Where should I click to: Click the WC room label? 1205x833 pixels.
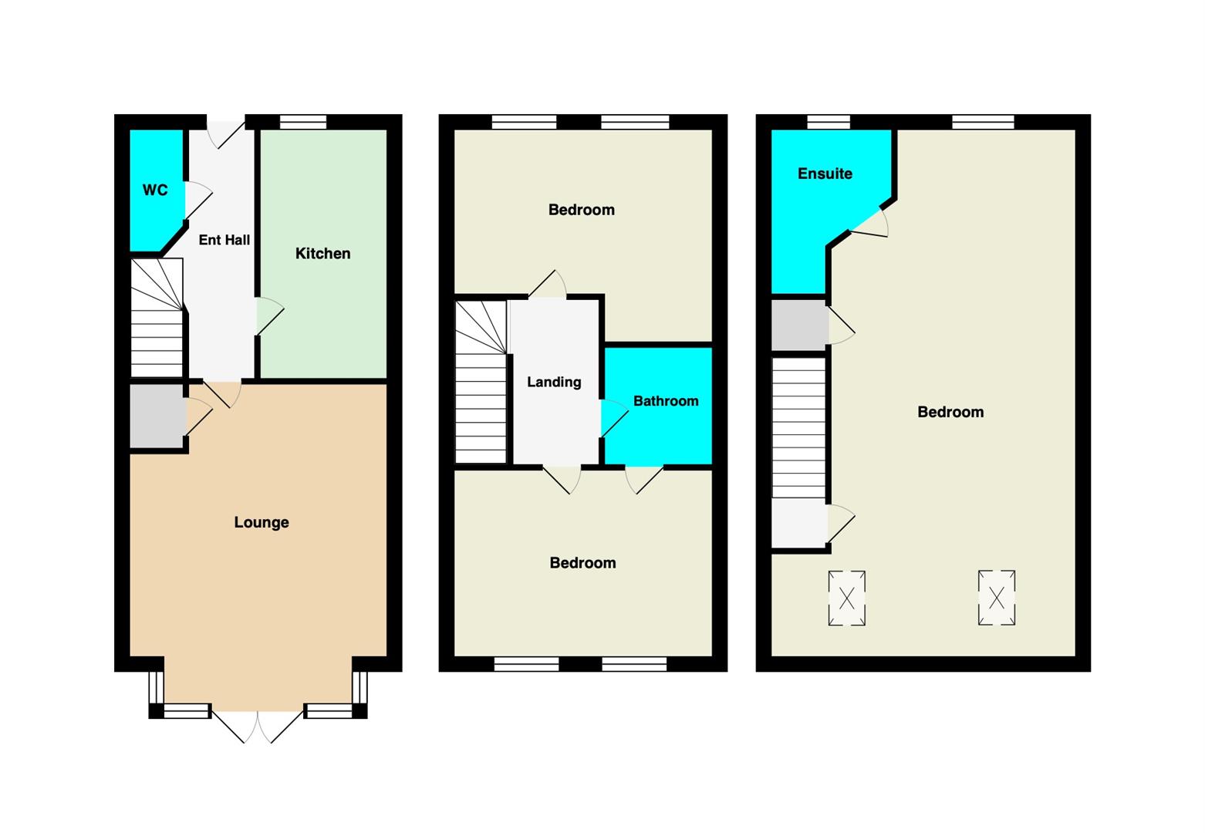[155, 190]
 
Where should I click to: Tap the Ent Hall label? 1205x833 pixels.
[224, 240]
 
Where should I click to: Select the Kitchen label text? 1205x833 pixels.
[322, 253]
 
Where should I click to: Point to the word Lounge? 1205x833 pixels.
[262, 522]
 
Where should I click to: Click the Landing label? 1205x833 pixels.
[554, 382]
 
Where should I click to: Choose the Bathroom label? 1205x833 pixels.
[666, 400]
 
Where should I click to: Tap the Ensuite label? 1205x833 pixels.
[825, 174]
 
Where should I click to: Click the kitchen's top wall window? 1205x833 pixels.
[303, 122]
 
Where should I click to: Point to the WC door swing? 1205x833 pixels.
[198, 200]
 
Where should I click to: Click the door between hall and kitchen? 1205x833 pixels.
[269, 316]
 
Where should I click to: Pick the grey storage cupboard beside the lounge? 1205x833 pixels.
[157, 416]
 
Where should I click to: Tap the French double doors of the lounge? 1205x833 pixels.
[258, 726]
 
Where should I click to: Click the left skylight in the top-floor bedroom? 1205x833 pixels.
[847, 598]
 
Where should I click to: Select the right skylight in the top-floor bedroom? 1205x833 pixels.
[996, 598]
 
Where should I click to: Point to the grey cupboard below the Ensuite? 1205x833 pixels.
[799, 325]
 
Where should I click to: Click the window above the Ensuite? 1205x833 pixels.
[829, 122]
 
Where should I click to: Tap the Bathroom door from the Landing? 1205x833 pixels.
[614, 418]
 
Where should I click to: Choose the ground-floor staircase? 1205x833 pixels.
[157, 318]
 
